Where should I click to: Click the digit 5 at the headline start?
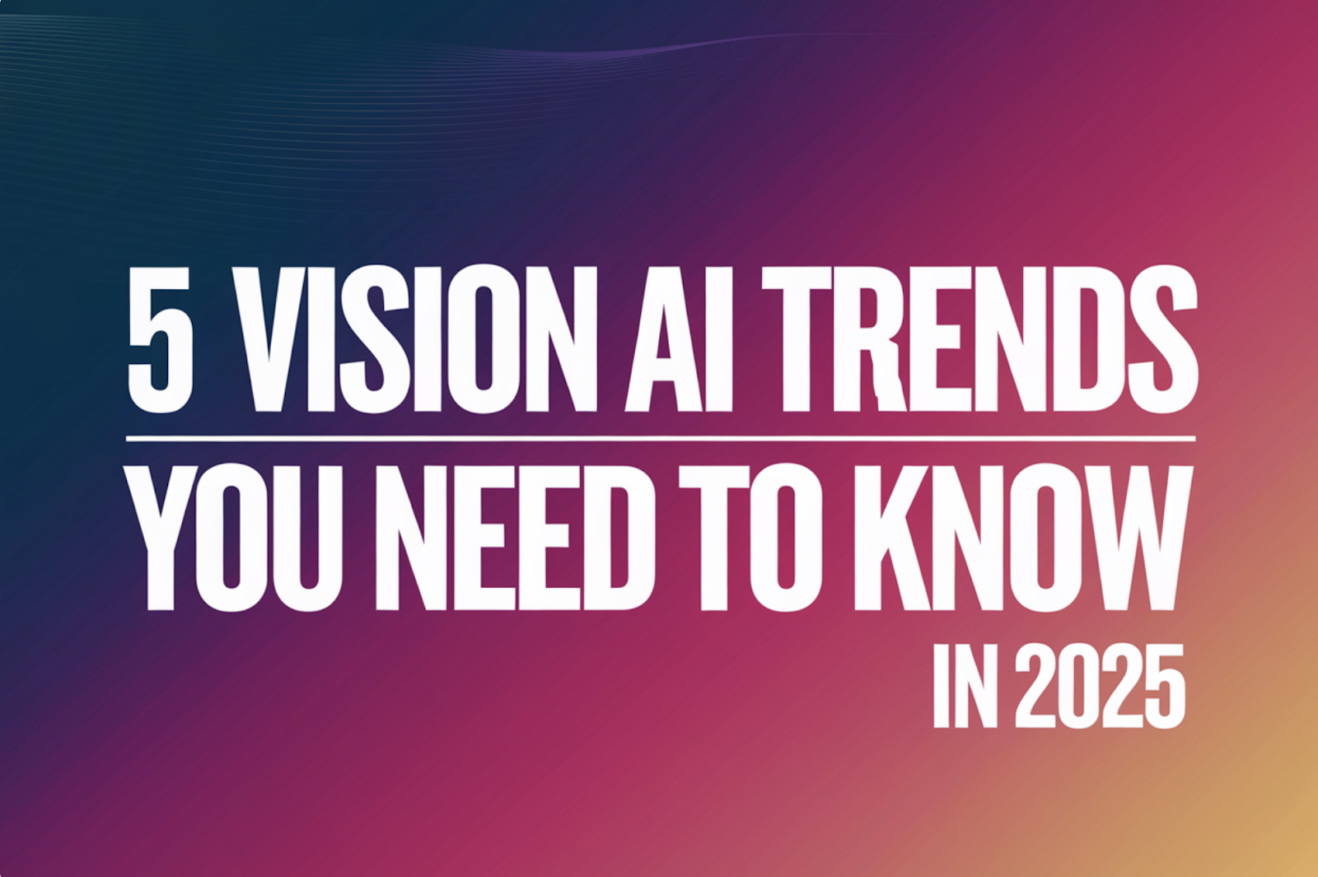point(160,339)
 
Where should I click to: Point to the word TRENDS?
point(979,339)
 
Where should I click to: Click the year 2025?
point(1099,687)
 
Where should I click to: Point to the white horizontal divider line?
point(661,439)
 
